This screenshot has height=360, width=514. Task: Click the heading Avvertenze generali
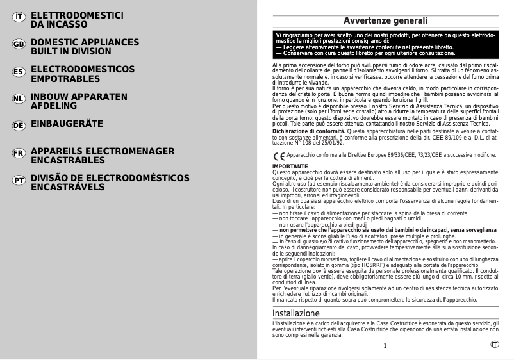[x=385, y=21]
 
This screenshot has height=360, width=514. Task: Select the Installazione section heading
[x=296, y=313]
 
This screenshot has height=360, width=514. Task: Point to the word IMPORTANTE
[x=290, y=167]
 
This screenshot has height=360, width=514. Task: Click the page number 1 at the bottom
[x=385, y=346]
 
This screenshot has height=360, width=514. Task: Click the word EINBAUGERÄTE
[x=67, y=124]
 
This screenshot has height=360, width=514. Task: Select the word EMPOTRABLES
[x=65, y=79]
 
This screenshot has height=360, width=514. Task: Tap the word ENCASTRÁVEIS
[x=77, y=187]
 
